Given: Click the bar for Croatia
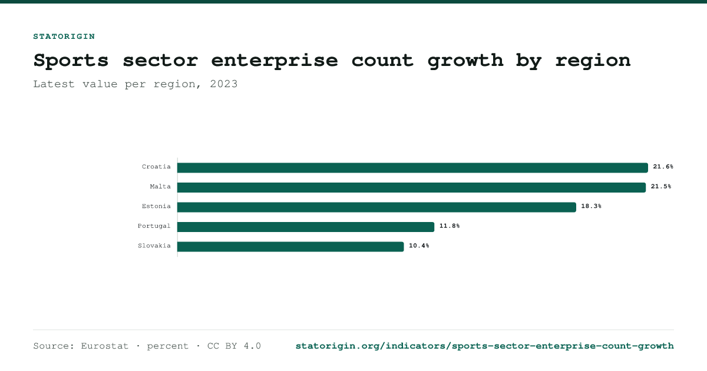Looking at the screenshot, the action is click(412, 168).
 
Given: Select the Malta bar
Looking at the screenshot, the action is click(412, 187).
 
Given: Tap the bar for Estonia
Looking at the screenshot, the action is click(376, 207).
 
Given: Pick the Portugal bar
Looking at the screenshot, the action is click(306, 227).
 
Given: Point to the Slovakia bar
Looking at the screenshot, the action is click(290, 247).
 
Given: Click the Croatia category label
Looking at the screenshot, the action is click(156, 167).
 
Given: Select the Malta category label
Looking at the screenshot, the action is click(160, 187).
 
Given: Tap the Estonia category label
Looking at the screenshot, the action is click(156, 206).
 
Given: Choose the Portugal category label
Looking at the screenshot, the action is click(154, 226).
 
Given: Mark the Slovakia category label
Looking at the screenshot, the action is click(154, 246).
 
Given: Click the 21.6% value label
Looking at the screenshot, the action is click(663, 167).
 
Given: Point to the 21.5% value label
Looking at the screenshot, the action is click(661, 187).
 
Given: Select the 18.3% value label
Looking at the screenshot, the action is click(591, 206).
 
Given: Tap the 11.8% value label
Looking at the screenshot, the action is click(450, 226).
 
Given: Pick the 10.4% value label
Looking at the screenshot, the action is click(419, 246).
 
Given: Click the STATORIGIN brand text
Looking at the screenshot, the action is click(64, 37).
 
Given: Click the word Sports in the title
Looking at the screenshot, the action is click(71, 61).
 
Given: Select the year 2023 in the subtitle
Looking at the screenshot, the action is click(224, 84).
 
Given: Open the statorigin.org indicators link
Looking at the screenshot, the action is click(484, 346).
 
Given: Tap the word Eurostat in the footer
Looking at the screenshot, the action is click(104, 346).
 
